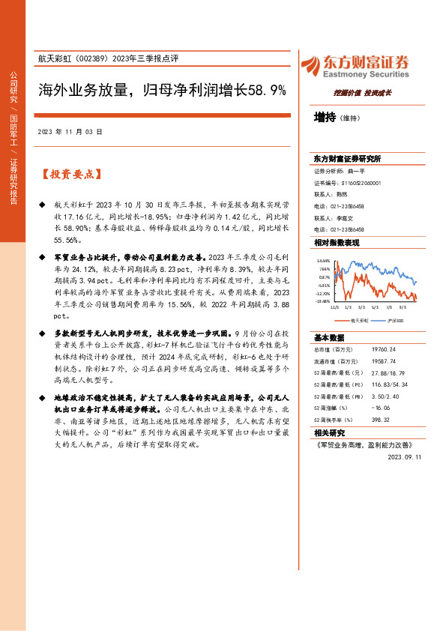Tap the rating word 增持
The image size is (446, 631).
(325, 117)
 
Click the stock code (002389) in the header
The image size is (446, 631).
(97, 58)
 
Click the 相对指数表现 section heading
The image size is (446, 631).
(337, 243)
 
